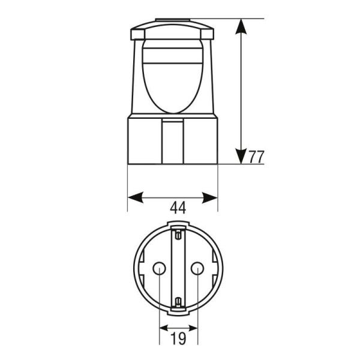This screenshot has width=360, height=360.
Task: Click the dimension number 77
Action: click(256, 157)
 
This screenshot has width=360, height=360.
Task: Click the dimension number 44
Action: click(178, 208)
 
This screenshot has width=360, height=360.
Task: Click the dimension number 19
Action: click(178, 338)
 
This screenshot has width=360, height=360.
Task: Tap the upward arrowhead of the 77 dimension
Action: click(241, 26)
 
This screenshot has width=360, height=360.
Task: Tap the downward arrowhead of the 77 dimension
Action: click(241, 157)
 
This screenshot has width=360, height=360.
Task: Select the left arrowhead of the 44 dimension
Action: click(136, 197)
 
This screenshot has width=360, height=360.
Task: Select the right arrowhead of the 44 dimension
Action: click(209, 197)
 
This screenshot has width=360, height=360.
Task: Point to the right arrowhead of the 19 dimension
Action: click(193, 328)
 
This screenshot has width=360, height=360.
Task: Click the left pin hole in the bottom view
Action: click(160, 268)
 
